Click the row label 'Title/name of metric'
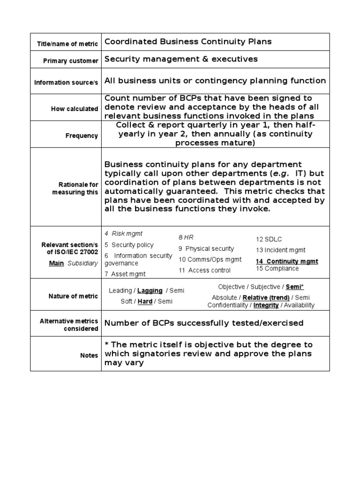(67, 44)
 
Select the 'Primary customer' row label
(71, 60)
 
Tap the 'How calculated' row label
(75, 109)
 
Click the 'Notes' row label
(89, 355)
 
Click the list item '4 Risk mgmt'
(123, 233)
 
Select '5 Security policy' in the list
(129, 245)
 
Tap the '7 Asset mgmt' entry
(125, 274)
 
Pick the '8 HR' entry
(186, 238)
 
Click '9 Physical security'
(206, 248)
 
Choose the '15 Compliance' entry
(277, 269)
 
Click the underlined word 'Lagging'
(150, 291)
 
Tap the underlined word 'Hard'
(145, 301)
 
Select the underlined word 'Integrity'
(266, 305)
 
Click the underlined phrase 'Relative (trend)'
(266, 298)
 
